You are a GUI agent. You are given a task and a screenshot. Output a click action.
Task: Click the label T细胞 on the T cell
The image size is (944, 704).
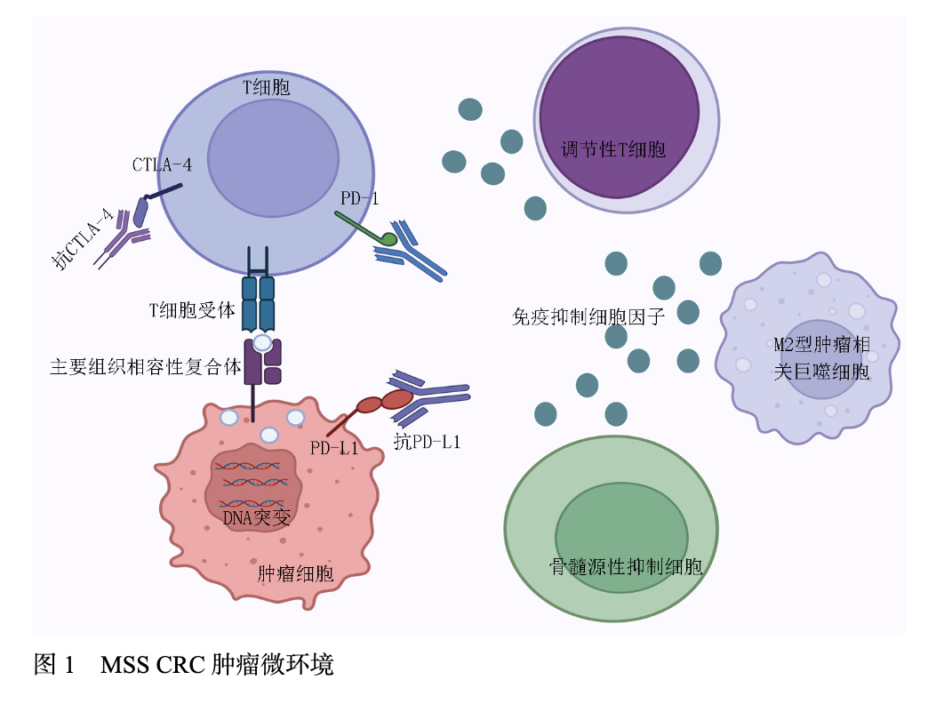tap(266, 88)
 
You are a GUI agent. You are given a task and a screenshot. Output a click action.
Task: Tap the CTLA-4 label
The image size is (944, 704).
tap(162, 164)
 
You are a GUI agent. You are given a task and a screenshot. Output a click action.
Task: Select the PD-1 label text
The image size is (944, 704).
tap(359, 198)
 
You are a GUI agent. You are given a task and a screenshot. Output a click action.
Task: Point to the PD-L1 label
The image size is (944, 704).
tap(334, 448)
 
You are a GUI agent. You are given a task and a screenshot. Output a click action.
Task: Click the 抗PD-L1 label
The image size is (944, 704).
tap(428, 441)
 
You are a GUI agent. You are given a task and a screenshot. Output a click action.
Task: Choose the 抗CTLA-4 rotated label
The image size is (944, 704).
tap(83, 238)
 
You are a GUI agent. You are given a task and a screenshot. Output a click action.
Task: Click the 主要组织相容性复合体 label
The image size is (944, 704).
tap(145, 366)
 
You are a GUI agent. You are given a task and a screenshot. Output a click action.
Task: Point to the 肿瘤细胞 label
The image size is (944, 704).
tap(295, 573)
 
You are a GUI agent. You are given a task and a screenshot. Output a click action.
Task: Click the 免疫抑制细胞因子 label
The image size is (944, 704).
tap(588, 316)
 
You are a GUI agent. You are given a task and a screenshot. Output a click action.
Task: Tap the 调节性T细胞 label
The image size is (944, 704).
tap(613, 149)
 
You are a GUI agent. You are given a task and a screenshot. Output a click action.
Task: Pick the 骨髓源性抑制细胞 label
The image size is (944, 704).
tap(626, 566)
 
